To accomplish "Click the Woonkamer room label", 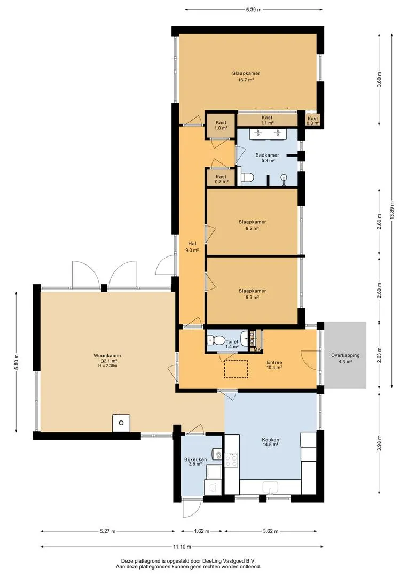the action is tap(107, 355).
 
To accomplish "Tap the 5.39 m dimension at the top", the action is tap(254, 10).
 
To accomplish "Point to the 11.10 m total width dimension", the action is tap(182, 547).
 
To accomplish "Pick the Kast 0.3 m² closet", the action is tap(313, 120).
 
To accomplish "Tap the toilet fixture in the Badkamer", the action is tap(247, 177).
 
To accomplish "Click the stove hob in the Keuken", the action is tap(231, 459).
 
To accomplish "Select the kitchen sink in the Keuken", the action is tap(271, 488).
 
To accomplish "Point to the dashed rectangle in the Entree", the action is tap(236, 369).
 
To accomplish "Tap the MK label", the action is tap(257, 349).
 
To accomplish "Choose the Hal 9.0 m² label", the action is tap(192, 247).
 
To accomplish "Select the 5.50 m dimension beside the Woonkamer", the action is tap(17, 362).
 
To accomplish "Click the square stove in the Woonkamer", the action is tap(121, 423).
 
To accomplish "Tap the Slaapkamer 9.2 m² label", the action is tap(252, 225).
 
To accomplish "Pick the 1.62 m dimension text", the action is tap(202, 531).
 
